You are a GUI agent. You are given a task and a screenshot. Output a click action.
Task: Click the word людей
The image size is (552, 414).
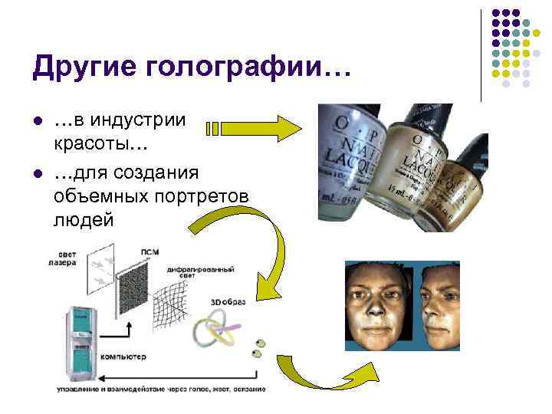point(84,221)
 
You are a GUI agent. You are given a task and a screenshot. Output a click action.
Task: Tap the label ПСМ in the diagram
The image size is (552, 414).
point(149,252)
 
